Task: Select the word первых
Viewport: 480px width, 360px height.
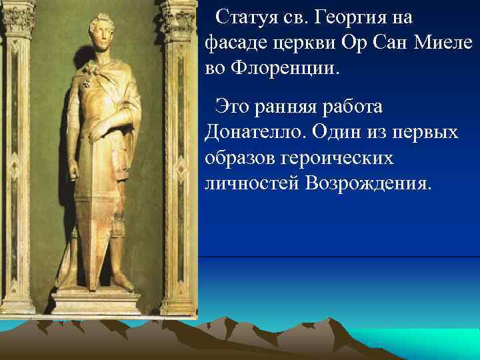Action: click(425, 131)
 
